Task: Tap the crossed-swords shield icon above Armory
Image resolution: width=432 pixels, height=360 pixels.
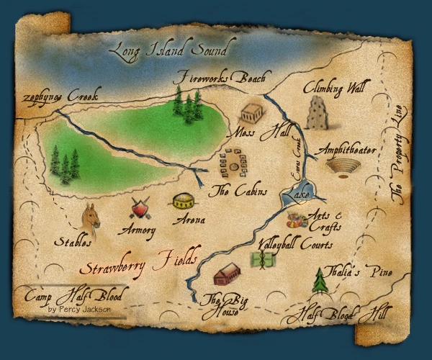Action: (140, 210)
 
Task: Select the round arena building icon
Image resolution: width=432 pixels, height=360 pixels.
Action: (183, 202)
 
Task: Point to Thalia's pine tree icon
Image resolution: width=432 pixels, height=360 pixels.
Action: (320, 281)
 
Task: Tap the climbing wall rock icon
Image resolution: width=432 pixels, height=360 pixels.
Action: (315, 114)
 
